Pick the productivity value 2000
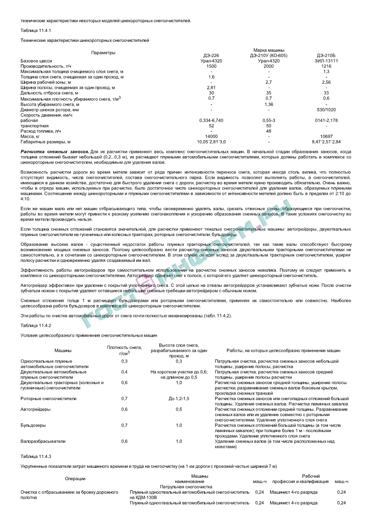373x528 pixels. tap(269, 66)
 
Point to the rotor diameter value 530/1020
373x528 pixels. tap(326, 110)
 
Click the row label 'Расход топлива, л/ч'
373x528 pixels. tap(41, 131)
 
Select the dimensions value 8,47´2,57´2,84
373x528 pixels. tap(326, 142)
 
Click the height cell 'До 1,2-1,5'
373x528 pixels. tap(179, 398)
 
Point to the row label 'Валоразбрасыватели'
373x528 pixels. tap(40, 441)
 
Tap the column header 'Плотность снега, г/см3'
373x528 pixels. tap(118, 350)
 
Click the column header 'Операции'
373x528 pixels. tap(75, 479)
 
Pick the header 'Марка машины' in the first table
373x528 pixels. tap(269, 50)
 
